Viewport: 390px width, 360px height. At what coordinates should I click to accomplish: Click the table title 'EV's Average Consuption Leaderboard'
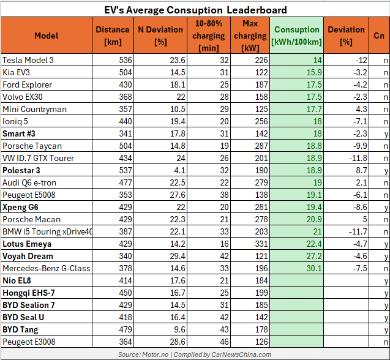[x=195, y=10]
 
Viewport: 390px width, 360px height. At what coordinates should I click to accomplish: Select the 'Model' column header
[x=47, y=36]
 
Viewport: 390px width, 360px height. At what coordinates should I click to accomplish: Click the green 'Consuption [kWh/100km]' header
[x=297, y=36]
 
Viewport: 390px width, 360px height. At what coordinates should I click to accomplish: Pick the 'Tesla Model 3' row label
[x=28, y=60]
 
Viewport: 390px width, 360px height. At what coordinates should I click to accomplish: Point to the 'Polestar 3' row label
[x=23, y=170]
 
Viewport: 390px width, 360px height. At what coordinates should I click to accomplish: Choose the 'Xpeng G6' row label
[x=21, y=207]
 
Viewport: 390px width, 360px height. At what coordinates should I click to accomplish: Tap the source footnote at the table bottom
[x=195, y=354]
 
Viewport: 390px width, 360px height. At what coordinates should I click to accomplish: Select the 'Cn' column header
[x=379, y=36]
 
